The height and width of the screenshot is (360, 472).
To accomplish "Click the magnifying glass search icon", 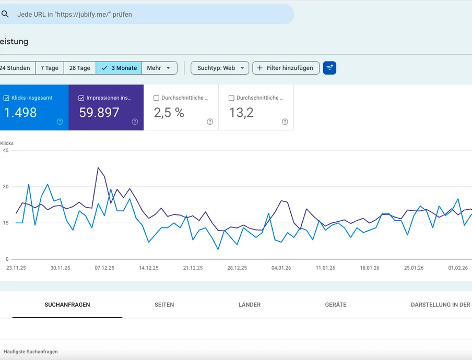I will pos(5,15).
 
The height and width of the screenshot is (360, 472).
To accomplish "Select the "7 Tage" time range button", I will pos(50,68).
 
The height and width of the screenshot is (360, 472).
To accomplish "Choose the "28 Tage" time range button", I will pos(80,68).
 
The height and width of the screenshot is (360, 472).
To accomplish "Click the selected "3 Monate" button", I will pos(119,68).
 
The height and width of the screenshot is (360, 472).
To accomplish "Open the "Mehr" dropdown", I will pos(159,68).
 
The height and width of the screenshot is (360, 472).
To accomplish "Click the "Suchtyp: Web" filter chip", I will pos(219,68).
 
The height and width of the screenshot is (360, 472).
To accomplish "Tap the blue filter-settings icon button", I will pos(329,68).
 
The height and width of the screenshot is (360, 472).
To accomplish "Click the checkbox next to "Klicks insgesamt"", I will pos(6,98).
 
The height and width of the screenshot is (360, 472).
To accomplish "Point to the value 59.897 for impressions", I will pos(99,112).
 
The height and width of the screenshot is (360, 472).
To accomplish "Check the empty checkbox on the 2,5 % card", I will pos(157,98).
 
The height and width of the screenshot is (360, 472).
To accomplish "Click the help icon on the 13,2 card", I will pos(285,122).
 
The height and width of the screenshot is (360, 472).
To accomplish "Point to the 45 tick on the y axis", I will pos(6,150).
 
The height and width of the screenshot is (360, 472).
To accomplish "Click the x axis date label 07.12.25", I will pos(104,268).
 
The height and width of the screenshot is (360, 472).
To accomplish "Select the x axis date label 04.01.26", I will pos(281,268).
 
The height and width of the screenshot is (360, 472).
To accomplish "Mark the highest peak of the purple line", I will pos(98,167).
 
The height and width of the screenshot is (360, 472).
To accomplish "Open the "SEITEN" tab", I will pos(164,305).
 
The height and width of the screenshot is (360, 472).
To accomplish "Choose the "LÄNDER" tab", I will pos(249,305).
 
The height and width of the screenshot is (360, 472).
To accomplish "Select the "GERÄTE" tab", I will pos(335,305).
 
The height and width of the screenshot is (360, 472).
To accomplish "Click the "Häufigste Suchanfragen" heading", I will pos(31,352).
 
